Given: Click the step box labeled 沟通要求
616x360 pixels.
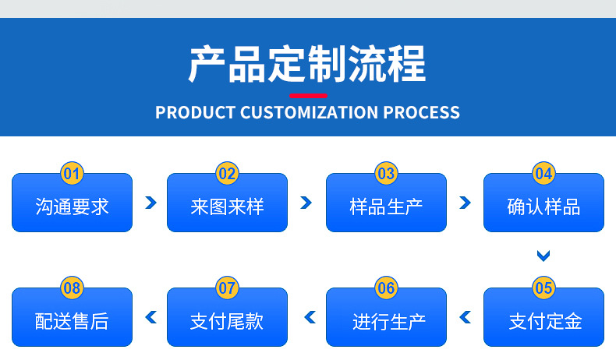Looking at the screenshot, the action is [x=72, y=206].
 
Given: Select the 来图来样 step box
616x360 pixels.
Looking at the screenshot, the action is [x=227, y=206].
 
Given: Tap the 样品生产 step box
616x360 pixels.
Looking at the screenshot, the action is [x=386, y=206].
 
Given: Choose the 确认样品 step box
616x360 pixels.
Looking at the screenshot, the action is [x=543, y=206].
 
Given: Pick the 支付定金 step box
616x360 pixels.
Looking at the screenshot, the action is [x=543, y=320].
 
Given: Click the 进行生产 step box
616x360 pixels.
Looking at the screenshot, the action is [x=386, y=320].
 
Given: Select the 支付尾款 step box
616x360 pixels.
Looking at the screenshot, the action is [x=227, y=320].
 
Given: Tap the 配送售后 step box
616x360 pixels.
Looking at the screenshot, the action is [x=72, y=320].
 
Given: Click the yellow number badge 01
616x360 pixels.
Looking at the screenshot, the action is [x=72, y=173].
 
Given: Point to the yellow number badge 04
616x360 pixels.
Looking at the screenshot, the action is [x=543, y=173].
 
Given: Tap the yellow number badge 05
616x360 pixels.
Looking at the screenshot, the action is [x=543, y=288].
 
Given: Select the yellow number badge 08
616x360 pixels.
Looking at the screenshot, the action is [x=72, y=288].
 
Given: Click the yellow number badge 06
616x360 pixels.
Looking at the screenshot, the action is [x=386, y=288].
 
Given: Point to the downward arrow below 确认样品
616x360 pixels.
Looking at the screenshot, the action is [x=543, y=255].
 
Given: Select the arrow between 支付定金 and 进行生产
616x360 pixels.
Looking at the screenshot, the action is [x=466, y=317].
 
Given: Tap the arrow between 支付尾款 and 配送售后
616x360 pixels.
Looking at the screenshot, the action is [x=150, y=317].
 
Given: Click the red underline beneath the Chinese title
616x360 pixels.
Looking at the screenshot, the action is [x=308, y=94].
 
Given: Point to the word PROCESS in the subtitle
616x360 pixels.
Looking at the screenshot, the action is [x=421, y=112].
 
